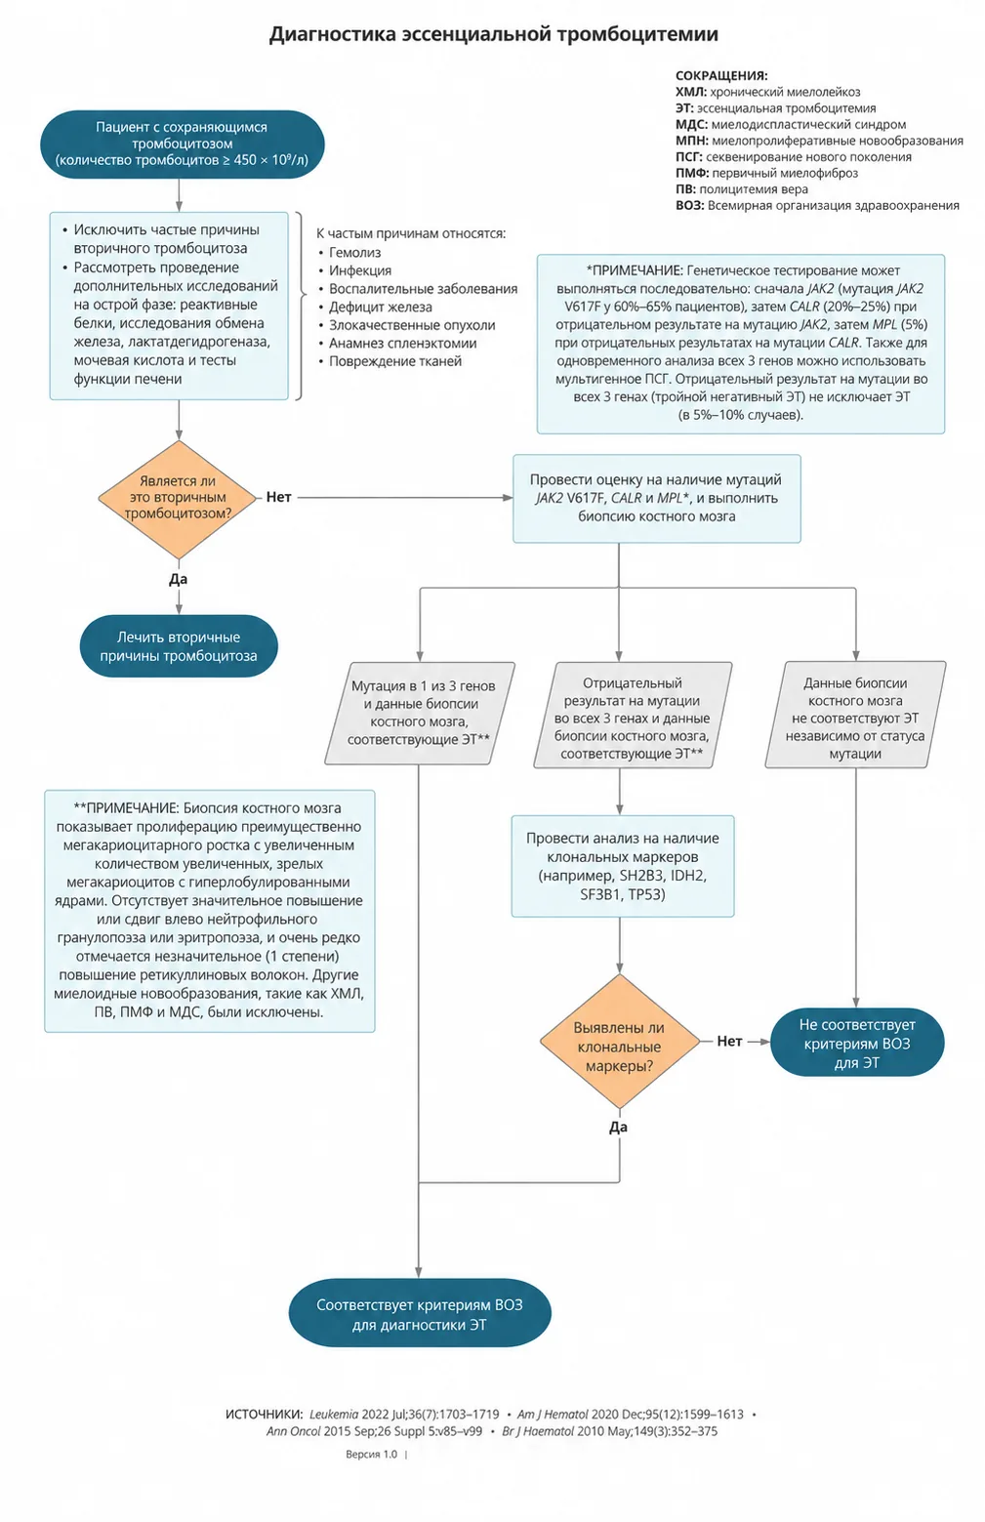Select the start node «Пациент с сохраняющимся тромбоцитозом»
[182, 144]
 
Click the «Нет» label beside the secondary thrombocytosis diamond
[278, 497]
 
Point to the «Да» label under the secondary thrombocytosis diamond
[178, 579]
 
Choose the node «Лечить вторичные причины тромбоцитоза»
[179, 646]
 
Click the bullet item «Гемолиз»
[354, 253]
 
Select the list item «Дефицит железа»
[381, 308]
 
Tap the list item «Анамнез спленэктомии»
[403, 343]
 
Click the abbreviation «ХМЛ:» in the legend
[691, 92]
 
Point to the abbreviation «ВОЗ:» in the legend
[689, 205]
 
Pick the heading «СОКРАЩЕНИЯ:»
[721, 75]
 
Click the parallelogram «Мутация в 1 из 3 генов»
[419, 713]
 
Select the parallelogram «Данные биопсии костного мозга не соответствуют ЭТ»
[855, 715]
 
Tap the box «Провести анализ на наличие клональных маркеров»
[622, 866]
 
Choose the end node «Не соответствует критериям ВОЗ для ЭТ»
[856, 1043]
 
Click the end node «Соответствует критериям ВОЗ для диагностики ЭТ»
[419, 1314]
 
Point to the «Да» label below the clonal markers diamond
[618, 1128]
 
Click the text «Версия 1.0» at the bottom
[371, 1454]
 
